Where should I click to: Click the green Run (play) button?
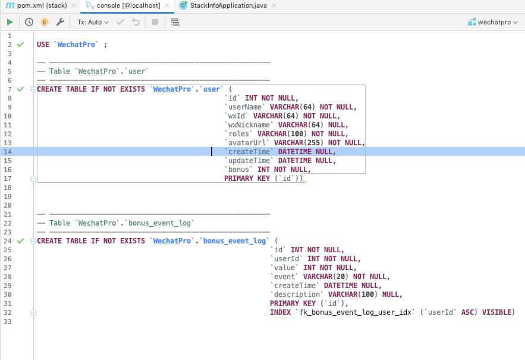10,22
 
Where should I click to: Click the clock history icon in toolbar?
29,22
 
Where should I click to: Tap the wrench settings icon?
60,22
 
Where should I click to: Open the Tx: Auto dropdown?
93,22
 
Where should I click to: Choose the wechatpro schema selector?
493,22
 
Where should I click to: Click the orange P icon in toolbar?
45,22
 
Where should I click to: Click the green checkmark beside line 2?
20,45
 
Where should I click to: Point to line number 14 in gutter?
7,152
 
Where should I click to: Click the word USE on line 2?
43,45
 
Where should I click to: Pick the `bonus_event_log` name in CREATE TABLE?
234,241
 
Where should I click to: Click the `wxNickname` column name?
249,125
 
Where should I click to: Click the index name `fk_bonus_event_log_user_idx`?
355,312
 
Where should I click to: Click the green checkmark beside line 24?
20,241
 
